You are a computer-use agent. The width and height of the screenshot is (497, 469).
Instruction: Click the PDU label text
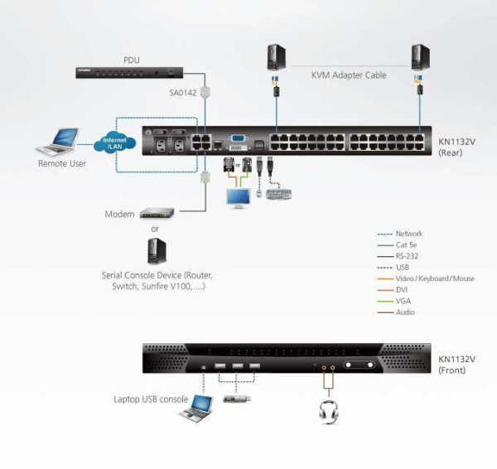pos(133,60)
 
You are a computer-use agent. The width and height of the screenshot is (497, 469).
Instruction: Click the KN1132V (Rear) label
pos(456,147)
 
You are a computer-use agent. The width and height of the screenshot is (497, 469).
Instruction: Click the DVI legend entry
pos(403,290)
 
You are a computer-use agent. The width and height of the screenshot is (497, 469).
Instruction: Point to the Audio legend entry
pos(406,312)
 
